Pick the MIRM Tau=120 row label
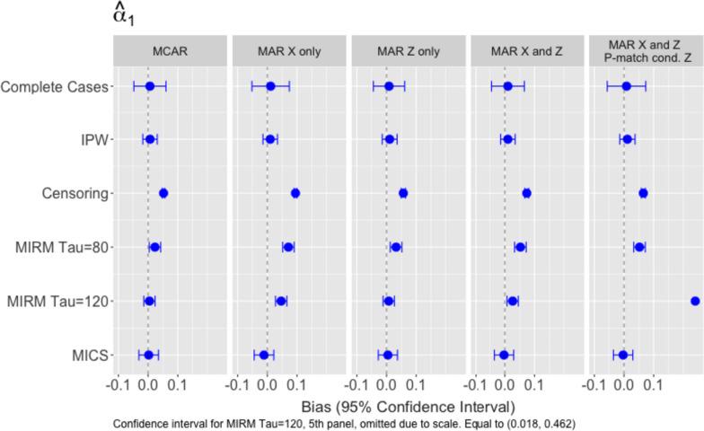click(x=57, y=301)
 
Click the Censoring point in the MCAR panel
click(x=163, y=193)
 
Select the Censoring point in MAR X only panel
click(x=295, y=193)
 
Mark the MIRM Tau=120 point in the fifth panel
click(x=695, y=301)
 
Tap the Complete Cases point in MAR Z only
click(x=389, y=86)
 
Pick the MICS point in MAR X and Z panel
click(x=504, y=355)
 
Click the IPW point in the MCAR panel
click(x=150, y=139)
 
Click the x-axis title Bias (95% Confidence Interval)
click(x=408, y=406)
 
